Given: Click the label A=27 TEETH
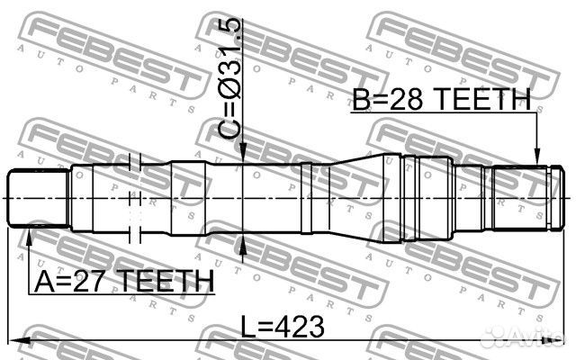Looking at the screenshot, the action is coord(124,281).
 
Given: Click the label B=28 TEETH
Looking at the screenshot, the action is coord(442,99).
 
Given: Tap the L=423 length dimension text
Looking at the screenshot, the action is coord(283,327).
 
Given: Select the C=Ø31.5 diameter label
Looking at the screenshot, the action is coord(230,78).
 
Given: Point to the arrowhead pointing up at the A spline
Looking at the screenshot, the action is coord(29,236).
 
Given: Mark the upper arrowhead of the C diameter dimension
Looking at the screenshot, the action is coord(243,153).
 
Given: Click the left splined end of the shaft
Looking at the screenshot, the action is coord(39,198).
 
